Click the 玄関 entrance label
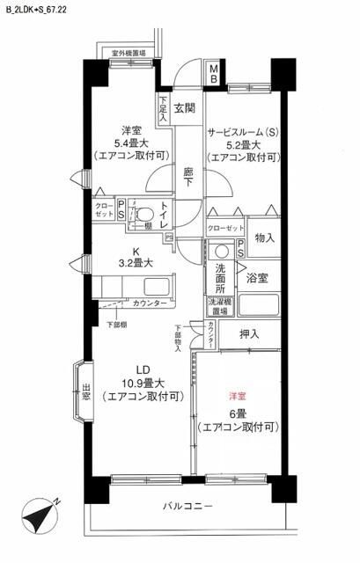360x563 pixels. click(184, 108)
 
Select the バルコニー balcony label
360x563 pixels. click(187, 507)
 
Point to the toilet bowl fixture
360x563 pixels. click(145, 214)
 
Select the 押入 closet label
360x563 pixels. click(250, 333)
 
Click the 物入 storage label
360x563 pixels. click(264, 238)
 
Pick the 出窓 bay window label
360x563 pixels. click(85, 393)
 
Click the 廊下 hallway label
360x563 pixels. click(189, 177)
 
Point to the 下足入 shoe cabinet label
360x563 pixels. click(164, 109)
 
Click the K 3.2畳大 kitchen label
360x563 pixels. click(136, 255)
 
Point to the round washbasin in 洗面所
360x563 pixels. click(221, 249)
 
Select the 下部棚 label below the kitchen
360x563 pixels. click(115, 325)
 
